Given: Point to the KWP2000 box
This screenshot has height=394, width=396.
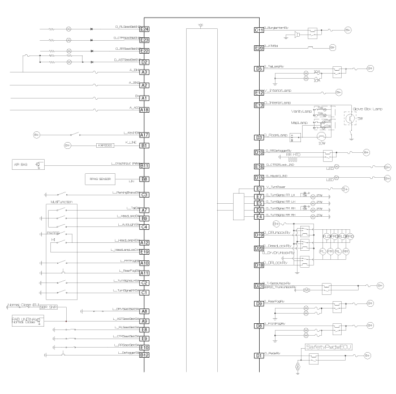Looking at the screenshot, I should pos(106,145).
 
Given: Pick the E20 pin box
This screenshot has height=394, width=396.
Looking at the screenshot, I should pos(260,48).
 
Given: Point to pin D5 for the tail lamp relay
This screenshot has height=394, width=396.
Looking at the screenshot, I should pos(260,69).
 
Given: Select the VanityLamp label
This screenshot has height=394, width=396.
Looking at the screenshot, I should pos(302,111).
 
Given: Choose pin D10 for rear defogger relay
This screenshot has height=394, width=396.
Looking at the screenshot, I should pos(260,152).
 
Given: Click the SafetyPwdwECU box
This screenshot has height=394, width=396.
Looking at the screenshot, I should pos(329,346).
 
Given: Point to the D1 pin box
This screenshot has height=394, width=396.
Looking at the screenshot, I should pos(260,356).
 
